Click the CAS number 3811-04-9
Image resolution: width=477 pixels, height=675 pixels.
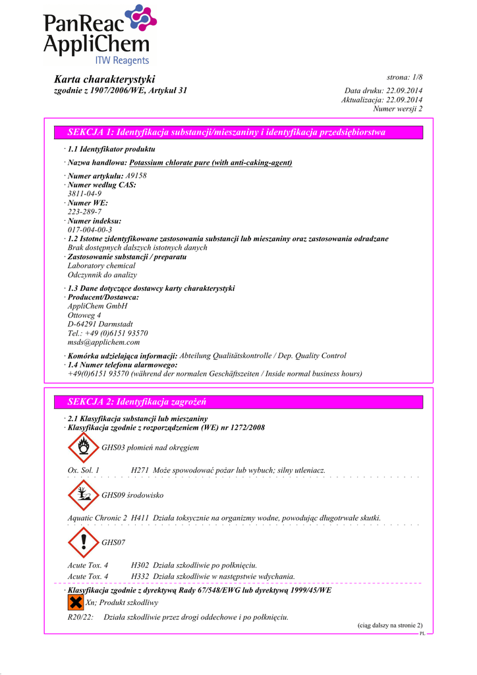[84, 194]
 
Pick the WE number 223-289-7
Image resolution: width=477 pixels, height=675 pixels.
[84, 212]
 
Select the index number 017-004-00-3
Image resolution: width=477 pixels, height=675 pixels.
[90, 229]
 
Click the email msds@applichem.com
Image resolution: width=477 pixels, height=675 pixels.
[103, 342]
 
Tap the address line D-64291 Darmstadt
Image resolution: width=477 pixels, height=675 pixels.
[100, 324]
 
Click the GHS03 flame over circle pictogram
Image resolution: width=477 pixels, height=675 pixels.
[83, 448]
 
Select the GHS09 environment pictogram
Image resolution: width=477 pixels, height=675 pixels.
[83, 494]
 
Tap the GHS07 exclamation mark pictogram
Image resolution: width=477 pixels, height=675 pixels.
[83, 542]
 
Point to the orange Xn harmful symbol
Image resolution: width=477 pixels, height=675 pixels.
[75, 602]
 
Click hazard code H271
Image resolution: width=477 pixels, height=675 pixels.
[140, 470]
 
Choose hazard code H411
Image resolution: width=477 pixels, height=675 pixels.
[140, 517]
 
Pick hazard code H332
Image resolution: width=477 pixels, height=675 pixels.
[140, 576]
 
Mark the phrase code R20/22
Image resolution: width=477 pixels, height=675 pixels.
[80, 617]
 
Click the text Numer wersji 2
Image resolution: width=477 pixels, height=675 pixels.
[398, 108]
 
